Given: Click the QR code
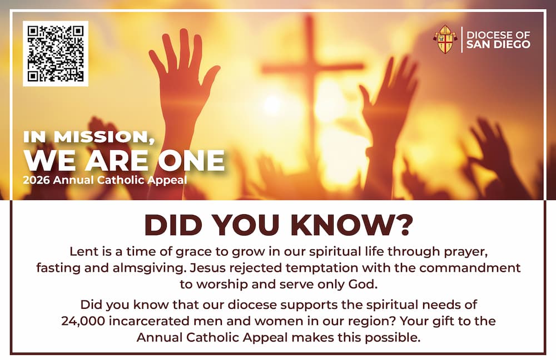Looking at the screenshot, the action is click(56, 53).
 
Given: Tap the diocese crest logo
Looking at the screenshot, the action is click(445, 39).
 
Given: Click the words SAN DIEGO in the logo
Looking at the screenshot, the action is click(498, 45).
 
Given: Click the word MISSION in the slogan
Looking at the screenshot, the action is click(105, 137).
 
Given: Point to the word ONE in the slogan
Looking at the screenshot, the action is click(191, 160).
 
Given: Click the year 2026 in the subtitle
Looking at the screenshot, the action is click(36, 180).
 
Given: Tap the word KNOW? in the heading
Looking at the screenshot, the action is click(352, 225).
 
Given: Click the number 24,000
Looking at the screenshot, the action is click(83, 321).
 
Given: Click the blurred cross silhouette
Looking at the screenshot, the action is click(312, 82).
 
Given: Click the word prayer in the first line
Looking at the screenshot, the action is click(466, 252).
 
